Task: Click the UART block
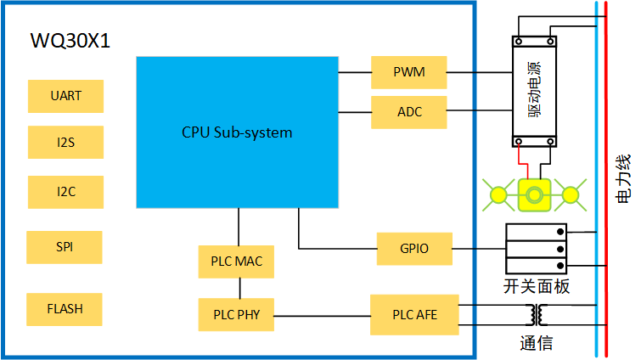click(65, 96)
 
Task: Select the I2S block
click(65, 142)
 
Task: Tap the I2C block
click(65, 192)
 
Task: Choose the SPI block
click(65, 247)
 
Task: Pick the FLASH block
click(65, 309)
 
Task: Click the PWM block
click(409, 72)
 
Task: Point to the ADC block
click(409, 112)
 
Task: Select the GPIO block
click(414, 249)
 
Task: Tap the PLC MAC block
click(237, 262)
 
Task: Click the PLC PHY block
click(237, 315)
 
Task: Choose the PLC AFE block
click(414, 315)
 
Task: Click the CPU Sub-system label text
click(237, 132)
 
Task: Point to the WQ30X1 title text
click(70, 40)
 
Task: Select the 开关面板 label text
click(536, 287)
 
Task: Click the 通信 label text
click(537, 344)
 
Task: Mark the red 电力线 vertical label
click(622, 178)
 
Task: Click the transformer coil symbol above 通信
click(536, 315)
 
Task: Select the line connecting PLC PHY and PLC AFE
click(323, 316)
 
